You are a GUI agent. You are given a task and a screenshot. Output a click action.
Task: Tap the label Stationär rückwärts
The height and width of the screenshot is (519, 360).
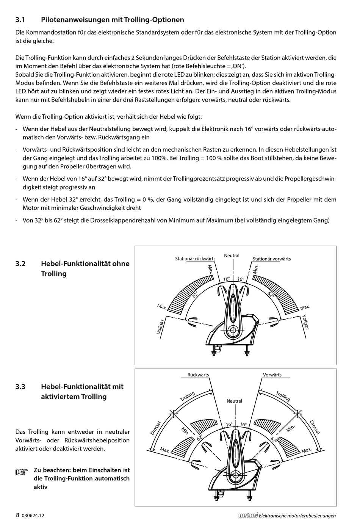[195, 259]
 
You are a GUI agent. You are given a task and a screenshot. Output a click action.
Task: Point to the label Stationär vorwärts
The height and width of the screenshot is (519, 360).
[272, 259]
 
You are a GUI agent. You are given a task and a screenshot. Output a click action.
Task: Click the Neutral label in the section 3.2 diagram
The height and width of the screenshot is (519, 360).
[232, 256]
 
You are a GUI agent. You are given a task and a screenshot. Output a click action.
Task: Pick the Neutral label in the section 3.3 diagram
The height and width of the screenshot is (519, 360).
[234, 401]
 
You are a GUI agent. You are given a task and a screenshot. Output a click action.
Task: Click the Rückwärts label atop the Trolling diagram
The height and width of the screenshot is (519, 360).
[198, 375]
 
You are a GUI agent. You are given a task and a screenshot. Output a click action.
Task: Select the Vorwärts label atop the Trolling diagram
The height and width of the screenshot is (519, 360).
[272, 375]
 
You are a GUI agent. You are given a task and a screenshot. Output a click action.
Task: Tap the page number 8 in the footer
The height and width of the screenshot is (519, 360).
[17, 515]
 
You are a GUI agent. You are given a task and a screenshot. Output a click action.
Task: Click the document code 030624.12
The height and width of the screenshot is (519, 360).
[33, 516]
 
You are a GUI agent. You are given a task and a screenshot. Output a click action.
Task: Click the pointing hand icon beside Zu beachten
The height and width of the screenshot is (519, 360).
[22, 472]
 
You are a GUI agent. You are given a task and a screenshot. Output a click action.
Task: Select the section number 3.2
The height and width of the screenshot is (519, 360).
[20, 264]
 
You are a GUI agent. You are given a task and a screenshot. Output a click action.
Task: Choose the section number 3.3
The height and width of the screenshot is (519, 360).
[20, 387]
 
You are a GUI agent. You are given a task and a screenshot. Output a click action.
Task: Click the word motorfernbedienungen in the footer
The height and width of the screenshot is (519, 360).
[312, 516]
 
